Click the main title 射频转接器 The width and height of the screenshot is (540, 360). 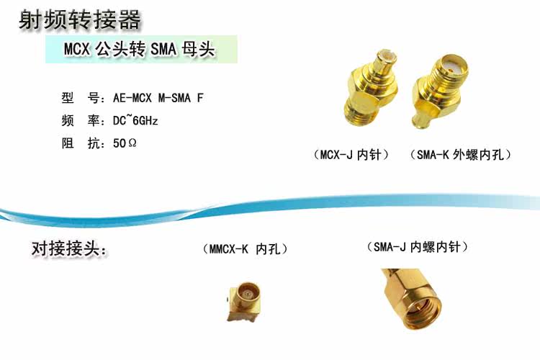79,21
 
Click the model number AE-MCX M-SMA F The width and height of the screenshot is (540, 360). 158,97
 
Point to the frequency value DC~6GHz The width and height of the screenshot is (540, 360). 135,120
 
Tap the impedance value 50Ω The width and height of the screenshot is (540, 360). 125,143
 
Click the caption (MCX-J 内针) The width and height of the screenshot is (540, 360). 351,154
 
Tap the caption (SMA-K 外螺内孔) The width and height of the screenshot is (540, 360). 460,154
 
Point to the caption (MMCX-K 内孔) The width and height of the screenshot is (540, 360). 246,249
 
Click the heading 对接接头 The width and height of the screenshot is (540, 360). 69,250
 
